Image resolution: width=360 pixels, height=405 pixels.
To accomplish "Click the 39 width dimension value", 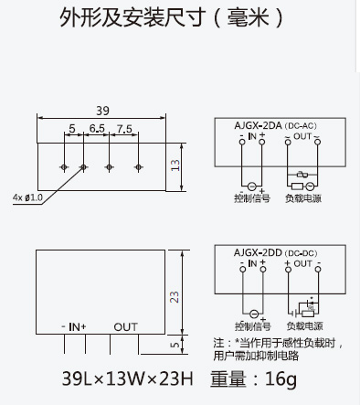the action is coord(102,111).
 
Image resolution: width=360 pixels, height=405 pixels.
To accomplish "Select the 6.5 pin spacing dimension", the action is coord(97,129).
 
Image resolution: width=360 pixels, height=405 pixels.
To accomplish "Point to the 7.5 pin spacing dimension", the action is coord(124,129).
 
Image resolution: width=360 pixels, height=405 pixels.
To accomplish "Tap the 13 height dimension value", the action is coord(175,165).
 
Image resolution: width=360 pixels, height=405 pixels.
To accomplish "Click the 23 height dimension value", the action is coord(175,297).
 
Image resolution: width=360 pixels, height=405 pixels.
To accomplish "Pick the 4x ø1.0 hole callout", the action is coord(27,197).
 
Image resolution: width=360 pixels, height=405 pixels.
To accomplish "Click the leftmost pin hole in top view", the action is coord(64,167).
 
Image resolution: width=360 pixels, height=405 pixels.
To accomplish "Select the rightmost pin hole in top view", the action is coord(138,167).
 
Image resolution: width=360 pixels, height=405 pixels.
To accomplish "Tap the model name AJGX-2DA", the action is coord(258,125).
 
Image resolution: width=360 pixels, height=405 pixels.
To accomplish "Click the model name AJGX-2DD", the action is coord(258,252).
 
